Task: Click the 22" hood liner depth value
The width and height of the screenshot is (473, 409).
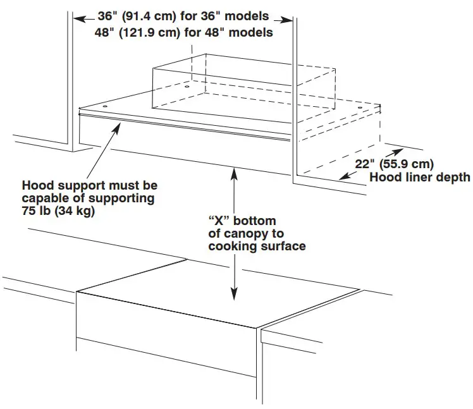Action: click(364, 163)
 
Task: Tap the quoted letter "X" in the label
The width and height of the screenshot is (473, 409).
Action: click(219, 221)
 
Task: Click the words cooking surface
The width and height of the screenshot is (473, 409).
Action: click(257, 246)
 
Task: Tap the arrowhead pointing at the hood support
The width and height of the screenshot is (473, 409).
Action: click(117, 127)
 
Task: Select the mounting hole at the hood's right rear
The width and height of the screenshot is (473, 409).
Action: click(360, 109)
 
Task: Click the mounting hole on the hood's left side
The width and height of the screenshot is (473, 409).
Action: click(188, 85)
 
